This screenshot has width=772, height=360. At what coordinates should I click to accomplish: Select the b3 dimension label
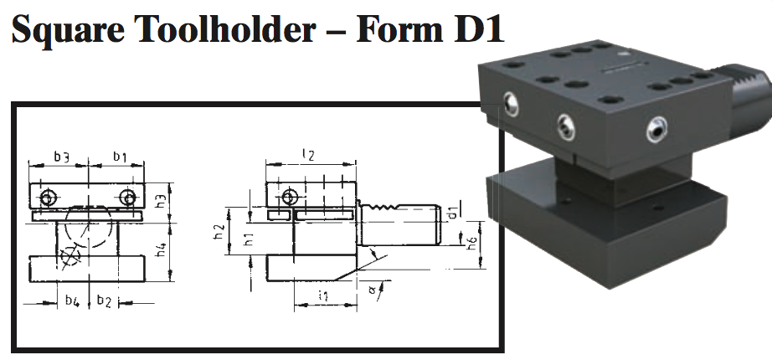(61, 156)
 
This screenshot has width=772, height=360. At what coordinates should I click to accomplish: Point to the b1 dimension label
(120, 156)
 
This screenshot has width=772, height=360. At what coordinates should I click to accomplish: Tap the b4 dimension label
(73, 299)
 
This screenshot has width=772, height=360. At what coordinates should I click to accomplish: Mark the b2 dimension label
(104, 299)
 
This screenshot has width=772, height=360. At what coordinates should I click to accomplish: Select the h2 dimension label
(219, 231)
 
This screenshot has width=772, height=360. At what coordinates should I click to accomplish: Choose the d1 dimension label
(451, 211)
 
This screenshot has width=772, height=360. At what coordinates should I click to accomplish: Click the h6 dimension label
(471, 244)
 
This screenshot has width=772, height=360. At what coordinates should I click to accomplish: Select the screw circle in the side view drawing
(290, 198)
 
